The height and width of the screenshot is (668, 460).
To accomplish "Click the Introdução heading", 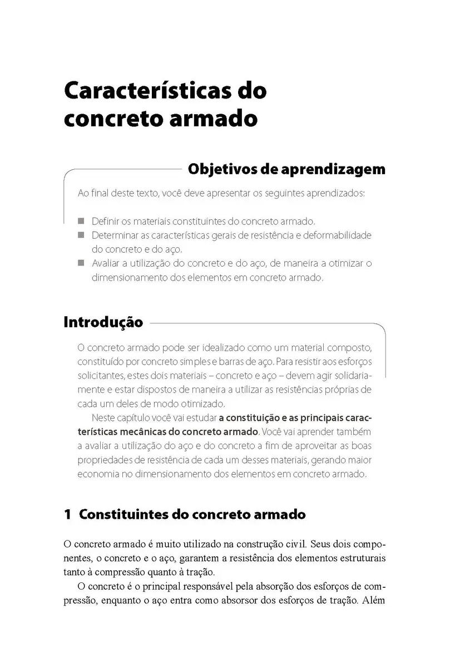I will pos(103,322).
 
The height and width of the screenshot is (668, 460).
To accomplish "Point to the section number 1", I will pos(68,514).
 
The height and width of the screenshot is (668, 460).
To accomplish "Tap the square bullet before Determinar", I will pos(81,235).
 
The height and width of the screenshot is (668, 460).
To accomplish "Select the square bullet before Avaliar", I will pos(81,263).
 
